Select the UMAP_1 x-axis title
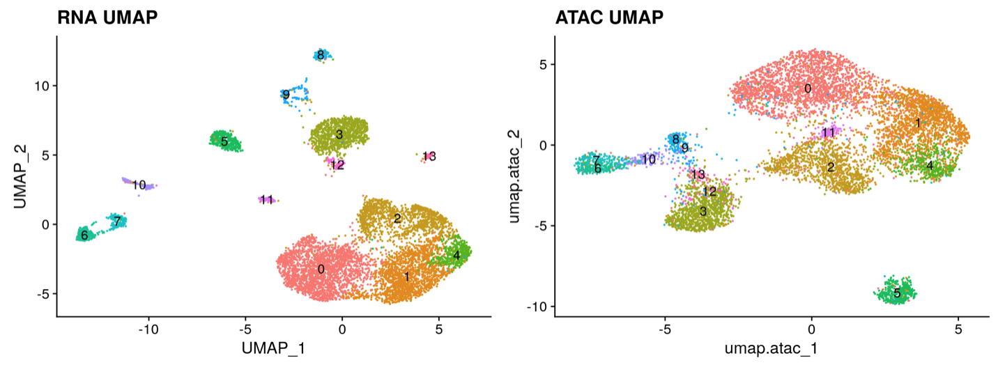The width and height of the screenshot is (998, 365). coord(273,347)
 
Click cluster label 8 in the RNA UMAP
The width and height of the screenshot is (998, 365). coord(320,55)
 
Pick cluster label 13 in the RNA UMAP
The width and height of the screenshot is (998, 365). coord(429,156)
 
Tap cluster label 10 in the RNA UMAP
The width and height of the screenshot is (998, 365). coord(139,185)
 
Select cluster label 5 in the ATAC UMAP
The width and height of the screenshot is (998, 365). coord(897,293)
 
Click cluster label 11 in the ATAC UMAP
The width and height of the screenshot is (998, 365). coord(828,132)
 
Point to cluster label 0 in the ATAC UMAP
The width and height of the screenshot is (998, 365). coord(808,88)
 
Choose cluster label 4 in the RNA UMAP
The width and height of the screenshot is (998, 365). coord(456,255)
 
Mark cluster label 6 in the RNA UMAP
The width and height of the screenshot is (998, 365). coord(84,235)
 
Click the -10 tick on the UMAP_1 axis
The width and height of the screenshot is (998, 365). coord(147,327)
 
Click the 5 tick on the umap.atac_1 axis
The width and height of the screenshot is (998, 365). coord(958,327)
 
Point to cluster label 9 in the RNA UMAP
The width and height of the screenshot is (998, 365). coord(286,95)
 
